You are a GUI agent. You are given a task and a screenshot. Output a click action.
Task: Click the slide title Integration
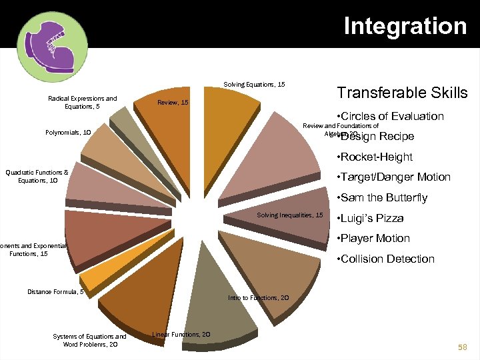(x=405, y=26)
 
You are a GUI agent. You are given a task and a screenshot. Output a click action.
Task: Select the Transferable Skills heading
(x=402, y=93)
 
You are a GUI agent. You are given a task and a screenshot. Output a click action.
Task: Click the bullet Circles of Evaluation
(x=391, y=116)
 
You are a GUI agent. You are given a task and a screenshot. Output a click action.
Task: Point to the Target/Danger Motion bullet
(x=394, y=177)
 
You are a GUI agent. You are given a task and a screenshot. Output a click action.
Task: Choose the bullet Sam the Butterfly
(x=383, y=198)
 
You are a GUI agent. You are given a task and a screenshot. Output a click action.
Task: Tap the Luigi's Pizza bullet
(x=371, y=218)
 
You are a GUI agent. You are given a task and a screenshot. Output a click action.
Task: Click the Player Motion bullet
(x=374, y=239)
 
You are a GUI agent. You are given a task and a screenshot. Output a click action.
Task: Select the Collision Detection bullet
(x=386, y=259)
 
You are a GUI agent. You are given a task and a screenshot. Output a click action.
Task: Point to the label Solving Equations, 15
(x=254, y=85)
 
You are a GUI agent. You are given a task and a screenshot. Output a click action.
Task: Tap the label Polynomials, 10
(x=69, y=132)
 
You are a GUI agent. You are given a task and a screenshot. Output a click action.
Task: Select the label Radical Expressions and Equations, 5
(x=83, y=103)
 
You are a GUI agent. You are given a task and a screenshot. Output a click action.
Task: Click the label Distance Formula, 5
(x=55, y=291)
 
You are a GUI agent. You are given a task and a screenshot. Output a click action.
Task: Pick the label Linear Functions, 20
(x=181, y=334)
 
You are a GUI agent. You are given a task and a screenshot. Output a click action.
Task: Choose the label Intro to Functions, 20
(x=258, y=297)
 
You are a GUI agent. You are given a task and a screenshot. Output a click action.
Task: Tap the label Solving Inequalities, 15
(x=290, y=215)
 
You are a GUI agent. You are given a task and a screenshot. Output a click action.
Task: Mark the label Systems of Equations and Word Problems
(x=89, y=340)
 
